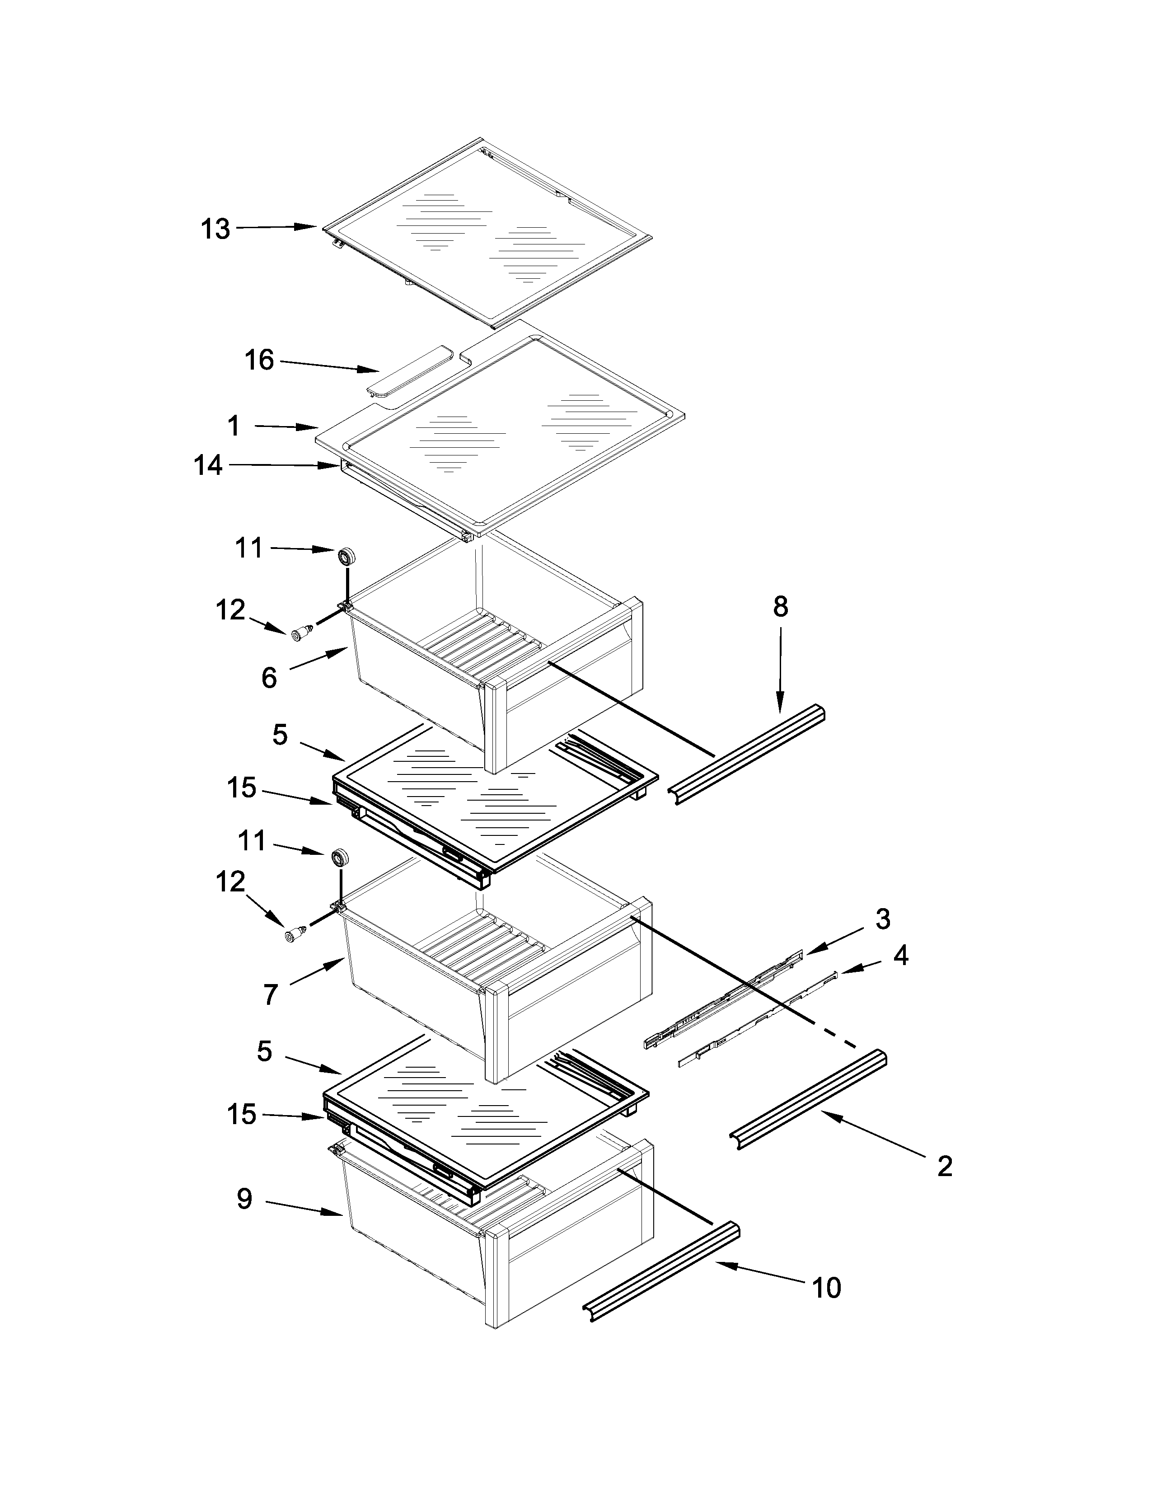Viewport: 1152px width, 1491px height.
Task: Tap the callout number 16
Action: point(259,360)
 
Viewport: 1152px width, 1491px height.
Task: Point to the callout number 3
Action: point(882,919)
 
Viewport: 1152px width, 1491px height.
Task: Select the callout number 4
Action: point(901,956)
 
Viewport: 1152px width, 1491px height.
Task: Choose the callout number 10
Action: point(826,1288)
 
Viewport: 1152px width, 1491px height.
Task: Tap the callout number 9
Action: point(244,1199)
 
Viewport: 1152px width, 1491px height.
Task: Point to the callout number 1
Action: point(234,426)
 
